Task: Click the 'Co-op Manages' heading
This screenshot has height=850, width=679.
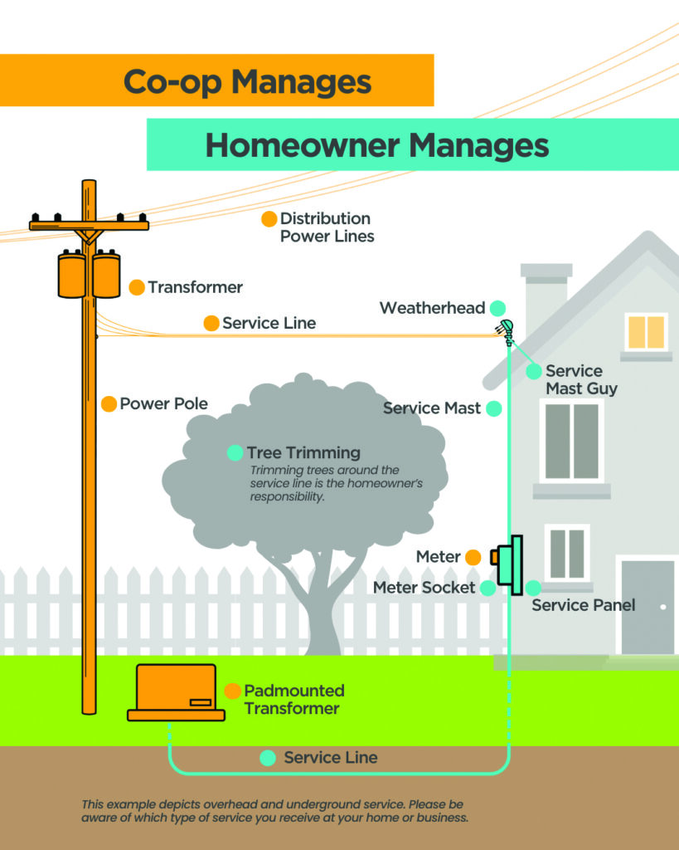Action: point(247,81)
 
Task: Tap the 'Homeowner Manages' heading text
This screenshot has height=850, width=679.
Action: point(377,145)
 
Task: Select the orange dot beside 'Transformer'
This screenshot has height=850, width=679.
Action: point(137,287)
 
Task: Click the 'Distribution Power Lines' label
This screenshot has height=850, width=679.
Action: point(326,227)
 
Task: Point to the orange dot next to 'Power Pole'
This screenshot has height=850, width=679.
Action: point(109,404)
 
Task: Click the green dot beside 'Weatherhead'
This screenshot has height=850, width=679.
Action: point(497,308)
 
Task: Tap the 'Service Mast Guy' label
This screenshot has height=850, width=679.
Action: point(580,379)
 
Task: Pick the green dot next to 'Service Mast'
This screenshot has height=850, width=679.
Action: point(494,408)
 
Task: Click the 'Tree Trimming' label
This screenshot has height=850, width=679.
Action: point(303,453)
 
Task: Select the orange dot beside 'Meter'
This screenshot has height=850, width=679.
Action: point(473,557)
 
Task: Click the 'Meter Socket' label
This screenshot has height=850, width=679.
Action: point(424,588)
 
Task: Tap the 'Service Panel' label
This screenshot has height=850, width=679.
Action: point(583,605)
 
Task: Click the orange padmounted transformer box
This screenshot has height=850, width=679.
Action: point(176,691)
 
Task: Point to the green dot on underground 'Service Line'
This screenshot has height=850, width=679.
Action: point(267,758)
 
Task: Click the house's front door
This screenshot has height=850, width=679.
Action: point(647,607)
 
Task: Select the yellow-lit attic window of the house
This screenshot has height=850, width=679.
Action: point(646,332)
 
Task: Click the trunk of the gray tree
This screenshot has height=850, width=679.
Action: point(323,614)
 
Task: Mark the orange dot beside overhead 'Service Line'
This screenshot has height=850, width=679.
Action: point(211,323)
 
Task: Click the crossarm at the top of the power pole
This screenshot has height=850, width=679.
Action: point(89,225)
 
